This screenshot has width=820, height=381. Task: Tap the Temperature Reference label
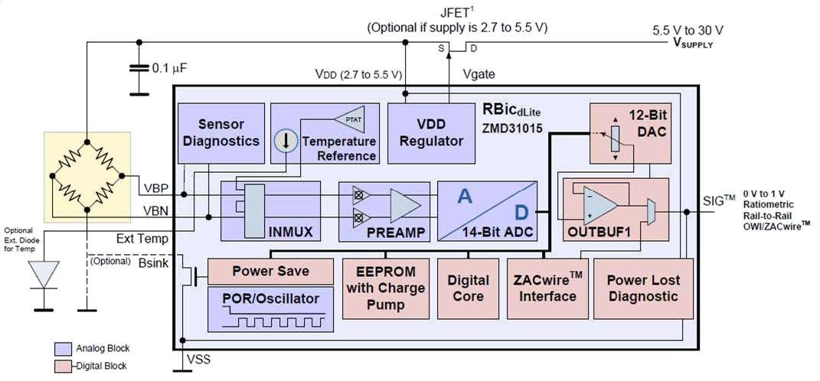pyautogui.click(x=338, y=148)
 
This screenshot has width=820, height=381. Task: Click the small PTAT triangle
pyautogui.click(x=349, y=119)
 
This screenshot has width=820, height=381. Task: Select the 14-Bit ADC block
pyautogui.click(x=486, y=212)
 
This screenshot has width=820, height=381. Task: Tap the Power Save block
pyautogui.click(x=271, y=271)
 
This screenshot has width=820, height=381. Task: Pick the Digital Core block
pyautogui.click(x=469, y=288)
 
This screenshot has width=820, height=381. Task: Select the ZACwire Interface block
pyautogui.click(x=546, y=288)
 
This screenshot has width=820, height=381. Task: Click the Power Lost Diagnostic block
pyautogui.click(x=643, y=288)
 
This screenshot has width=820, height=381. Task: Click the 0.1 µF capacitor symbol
pyautogui.click(x=139, y=68)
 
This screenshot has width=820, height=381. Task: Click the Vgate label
pyautogui.click(x=479, y=74)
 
